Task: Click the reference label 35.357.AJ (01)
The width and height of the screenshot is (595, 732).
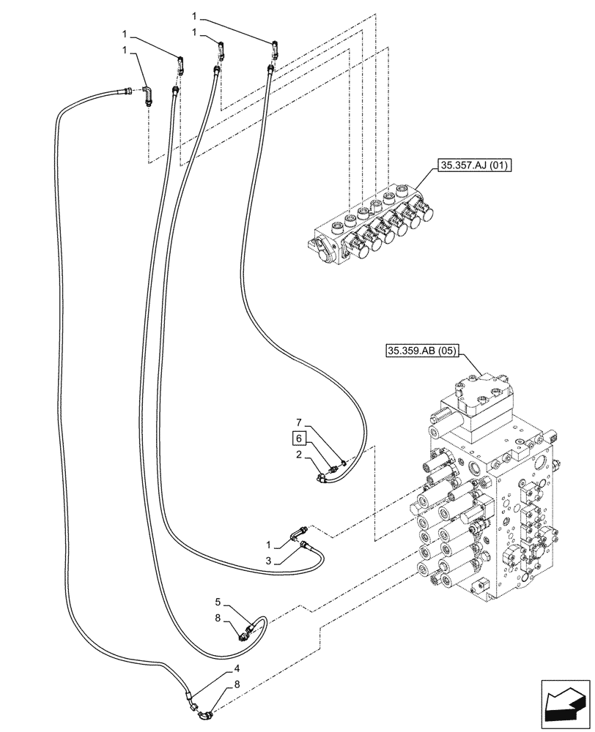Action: [x=476, y=166]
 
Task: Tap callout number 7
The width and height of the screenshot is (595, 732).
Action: [x=298, y=423]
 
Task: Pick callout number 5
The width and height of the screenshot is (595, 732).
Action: [x=218, y=602]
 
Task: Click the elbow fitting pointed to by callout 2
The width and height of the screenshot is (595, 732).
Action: [x=323, y=478]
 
